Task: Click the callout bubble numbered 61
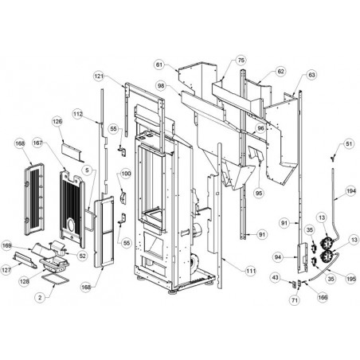click(159, 65)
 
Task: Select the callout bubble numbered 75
click(241, 61)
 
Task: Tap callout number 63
click(311, 75)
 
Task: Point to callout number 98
click(161, 85)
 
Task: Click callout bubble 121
click(99, 76)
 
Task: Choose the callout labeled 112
click(78, 114)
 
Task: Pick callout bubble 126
click(57, 121)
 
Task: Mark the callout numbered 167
click(37, 143)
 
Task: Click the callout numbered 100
click(126, 174)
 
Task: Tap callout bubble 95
click(259, 193)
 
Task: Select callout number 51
click(349, 143)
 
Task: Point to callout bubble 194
click(351, 191)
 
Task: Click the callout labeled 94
click(278, 257)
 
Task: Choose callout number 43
click(276, 277)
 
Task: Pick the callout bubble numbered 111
click(251, 271)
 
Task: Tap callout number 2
click(40, 297)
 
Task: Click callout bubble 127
click(6, 270)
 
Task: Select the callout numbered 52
click(83, 256)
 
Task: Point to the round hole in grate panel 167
click(71, 225)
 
